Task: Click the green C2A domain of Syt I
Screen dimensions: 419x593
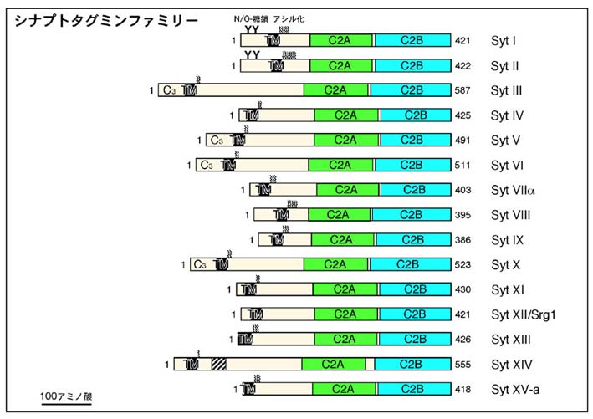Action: (340, 40)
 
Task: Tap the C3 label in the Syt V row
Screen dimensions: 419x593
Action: (217, 140)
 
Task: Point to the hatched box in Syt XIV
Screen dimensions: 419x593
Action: (219, 364)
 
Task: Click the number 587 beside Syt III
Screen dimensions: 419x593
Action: (465, 90)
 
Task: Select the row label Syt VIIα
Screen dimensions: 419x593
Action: (513, 190)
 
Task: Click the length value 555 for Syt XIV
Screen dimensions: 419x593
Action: (465, 365)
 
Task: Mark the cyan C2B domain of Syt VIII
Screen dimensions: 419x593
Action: (410, 215)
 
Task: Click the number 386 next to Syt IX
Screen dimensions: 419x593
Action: (465, 240)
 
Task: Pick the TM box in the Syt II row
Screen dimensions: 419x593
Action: (276, 65)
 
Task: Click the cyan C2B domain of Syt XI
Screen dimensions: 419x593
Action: (415, 289)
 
